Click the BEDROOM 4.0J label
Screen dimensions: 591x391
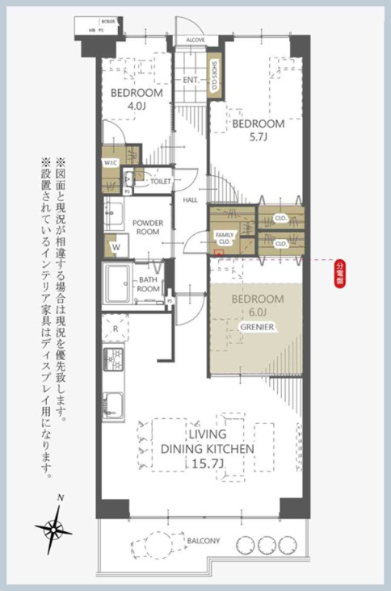point(137,98)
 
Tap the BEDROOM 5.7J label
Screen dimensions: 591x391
point(259,131)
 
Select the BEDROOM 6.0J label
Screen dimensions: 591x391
point(258,305)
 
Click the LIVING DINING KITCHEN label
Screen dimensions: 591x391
point(207,448)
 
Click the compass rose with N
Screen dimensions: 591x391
point(54,529)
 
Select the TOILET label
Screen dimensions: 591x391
point(160,182)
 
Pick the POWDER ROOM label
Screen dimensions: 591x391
point(149,227)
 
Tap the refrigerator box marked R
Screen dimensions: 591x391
point(116,329)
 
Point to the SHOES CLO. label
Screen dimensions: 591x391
point(216,77)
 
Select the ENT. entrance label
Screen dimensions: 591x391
point(191,80)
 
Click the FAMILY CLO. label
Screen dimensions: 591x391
point(224,237)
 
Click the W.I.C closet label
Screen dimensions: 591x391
point(111,162)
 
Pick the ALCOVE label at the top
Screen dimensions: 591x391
point(195,40)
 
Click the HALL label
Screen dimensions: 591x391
point(191,199)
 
